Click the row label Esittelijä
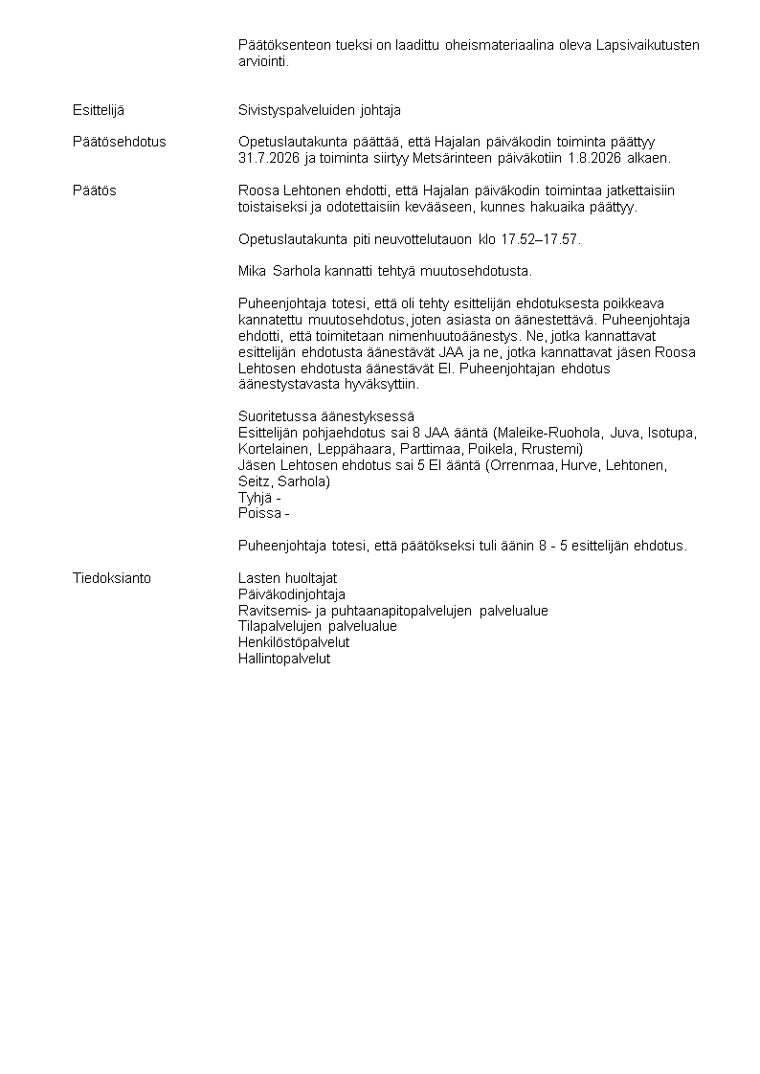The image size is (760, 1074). [x=99, y=110]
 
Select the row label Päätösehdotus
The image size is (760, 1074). [x=119, y=142]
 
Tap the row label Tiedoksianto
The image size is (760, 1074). [x=112, y=578]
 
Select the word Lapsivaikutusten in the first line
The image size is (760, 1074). [x=648, y=45]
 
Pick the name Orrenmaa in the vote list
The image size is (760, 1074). [x=517, y=465]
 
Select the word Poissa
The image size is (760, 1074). [x=258, y=514]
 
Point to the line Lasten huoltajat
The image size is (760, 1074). [x=287, y=578]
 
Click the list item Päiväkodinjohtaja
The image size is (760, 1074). [x=292, y=594]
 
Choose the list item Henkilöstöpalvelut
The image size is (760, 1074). [x=294, y=642]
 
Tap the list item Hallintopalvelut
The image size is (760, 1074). [x=284, y=659]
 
